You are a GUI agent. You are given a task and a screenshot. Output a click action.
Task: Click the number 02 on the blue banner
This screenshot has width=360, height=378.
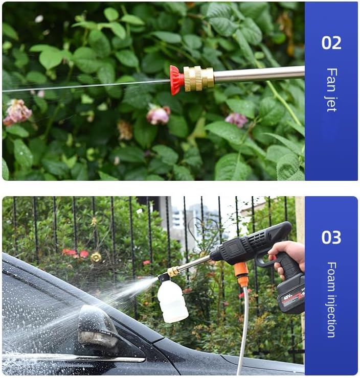pos(331,42)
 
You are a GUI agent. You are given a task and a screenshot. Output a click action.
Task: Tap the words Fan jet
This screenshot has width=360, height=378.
pos(331,89)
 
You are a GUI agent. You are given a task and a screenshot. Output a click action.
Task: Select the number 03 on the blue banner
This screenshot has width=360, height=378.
pos(331,237)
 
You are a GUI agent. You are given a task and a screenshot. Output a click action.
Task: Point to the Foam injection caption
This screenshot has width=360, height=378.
pos(331,299)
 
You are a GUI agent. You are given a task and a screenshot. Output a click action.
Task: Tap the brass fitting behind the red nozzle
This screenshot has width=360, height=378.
pos(198,79)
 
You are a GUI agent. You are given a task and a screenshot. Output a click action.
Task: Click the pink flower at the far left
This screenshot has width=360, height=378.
pos(17,112)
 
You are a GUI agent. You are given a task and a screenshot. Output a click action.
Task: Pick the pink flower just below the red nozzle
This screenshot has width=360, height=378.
pos(159,115)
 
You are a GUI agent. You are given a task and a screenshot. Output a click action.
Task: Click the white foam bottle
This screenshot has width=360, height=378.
pos(172,301)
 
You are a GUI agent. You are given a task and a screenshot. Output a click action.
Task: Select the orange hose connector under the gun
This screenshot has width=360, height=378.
pos(241,274)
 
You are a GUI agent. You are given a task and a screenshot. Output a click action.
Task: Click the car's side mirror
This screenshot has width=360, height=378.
pos(97,327)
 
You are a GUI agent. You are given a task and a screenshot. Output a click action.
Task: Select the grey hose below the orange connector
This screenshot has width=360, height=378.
pos(244,327)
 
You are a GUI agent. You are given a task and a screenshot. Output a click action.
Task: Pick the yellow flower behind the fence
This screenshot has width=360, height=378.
pos(96,257)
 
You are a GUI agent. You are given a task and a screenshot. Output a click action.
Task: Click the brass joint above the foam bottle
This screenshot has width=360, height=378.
pos(174,271)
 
